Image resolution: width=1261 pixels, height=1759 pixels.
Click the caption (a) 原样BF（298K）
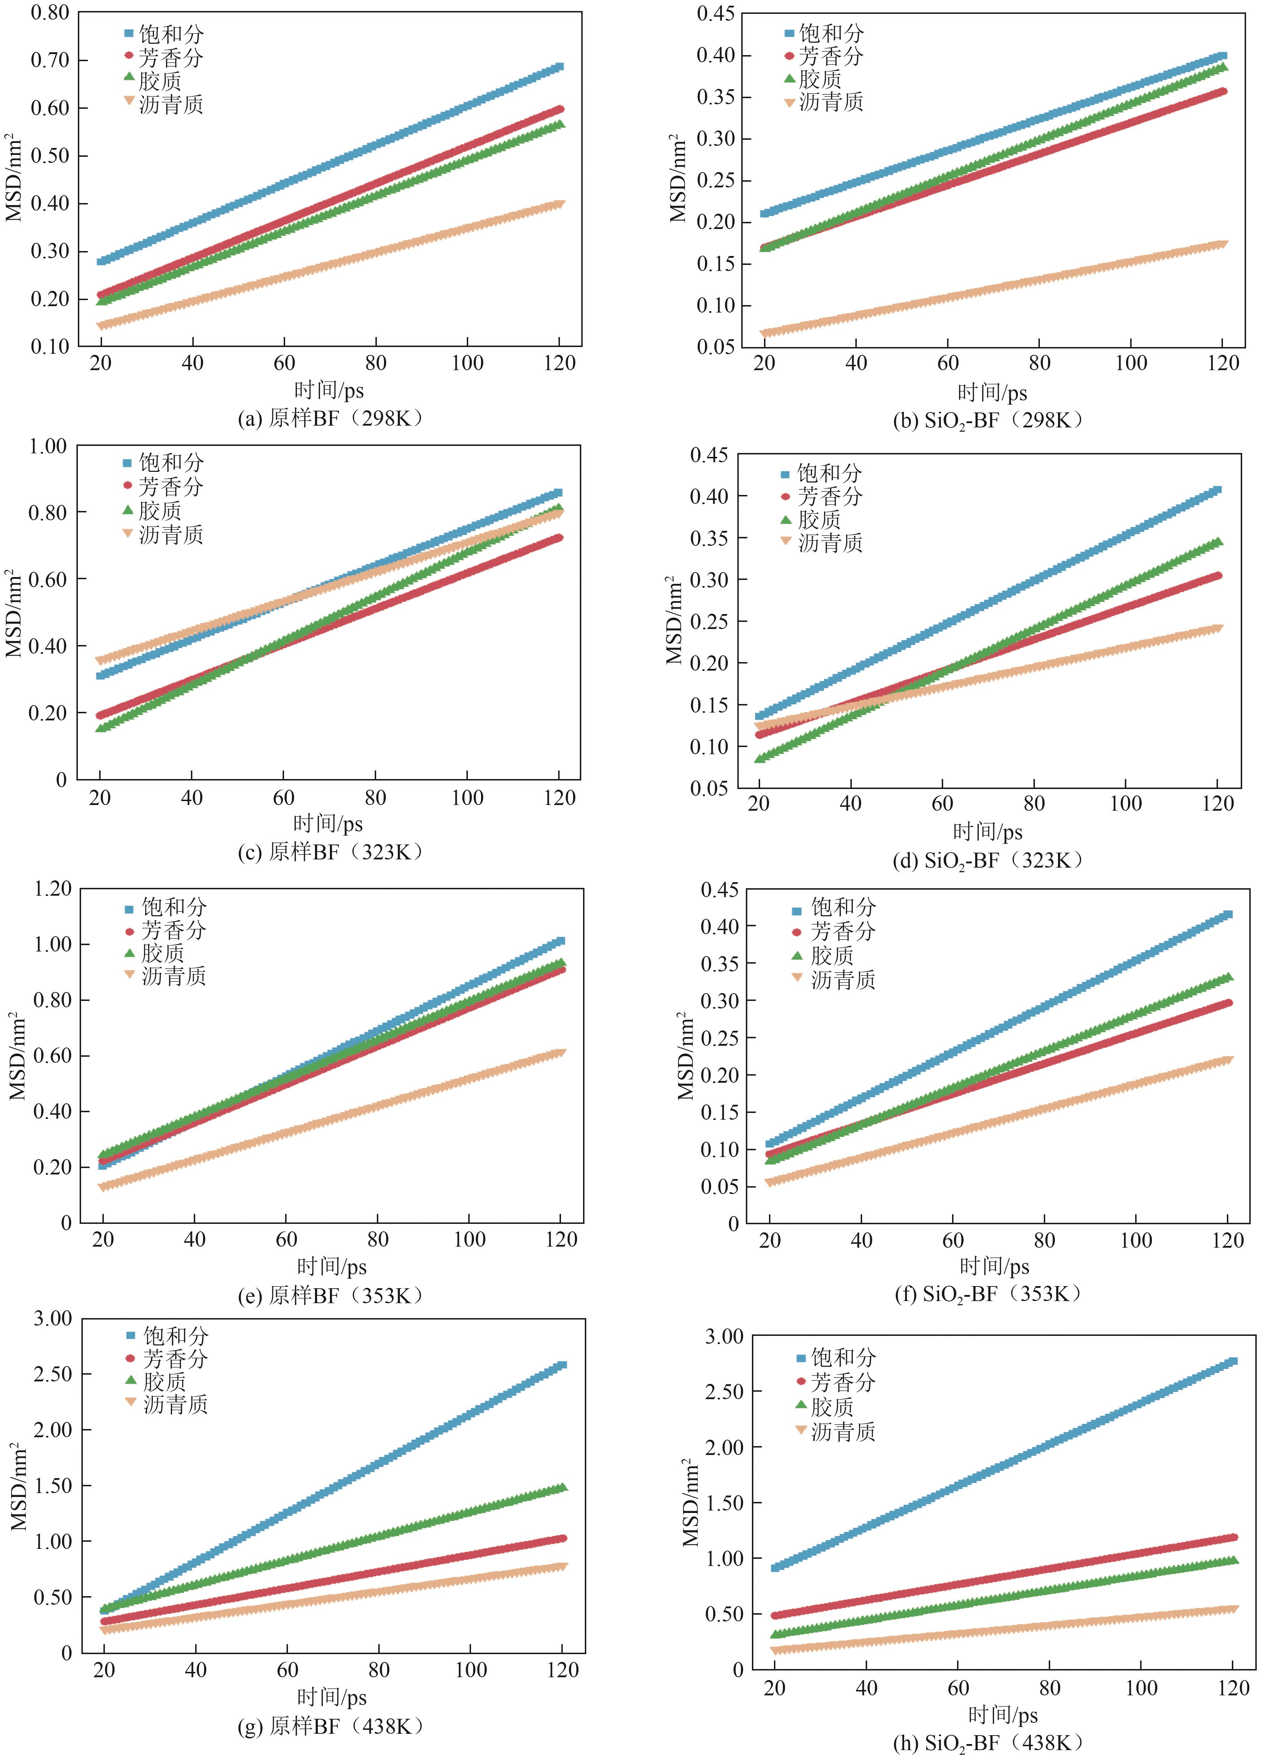(331, 419)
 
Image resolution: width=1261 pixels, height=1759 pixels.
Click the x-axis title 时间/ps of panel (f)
(994, 1267)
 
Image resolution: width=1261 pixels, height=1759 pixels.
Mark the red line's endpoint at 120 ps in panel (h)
(1233, 1537)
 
